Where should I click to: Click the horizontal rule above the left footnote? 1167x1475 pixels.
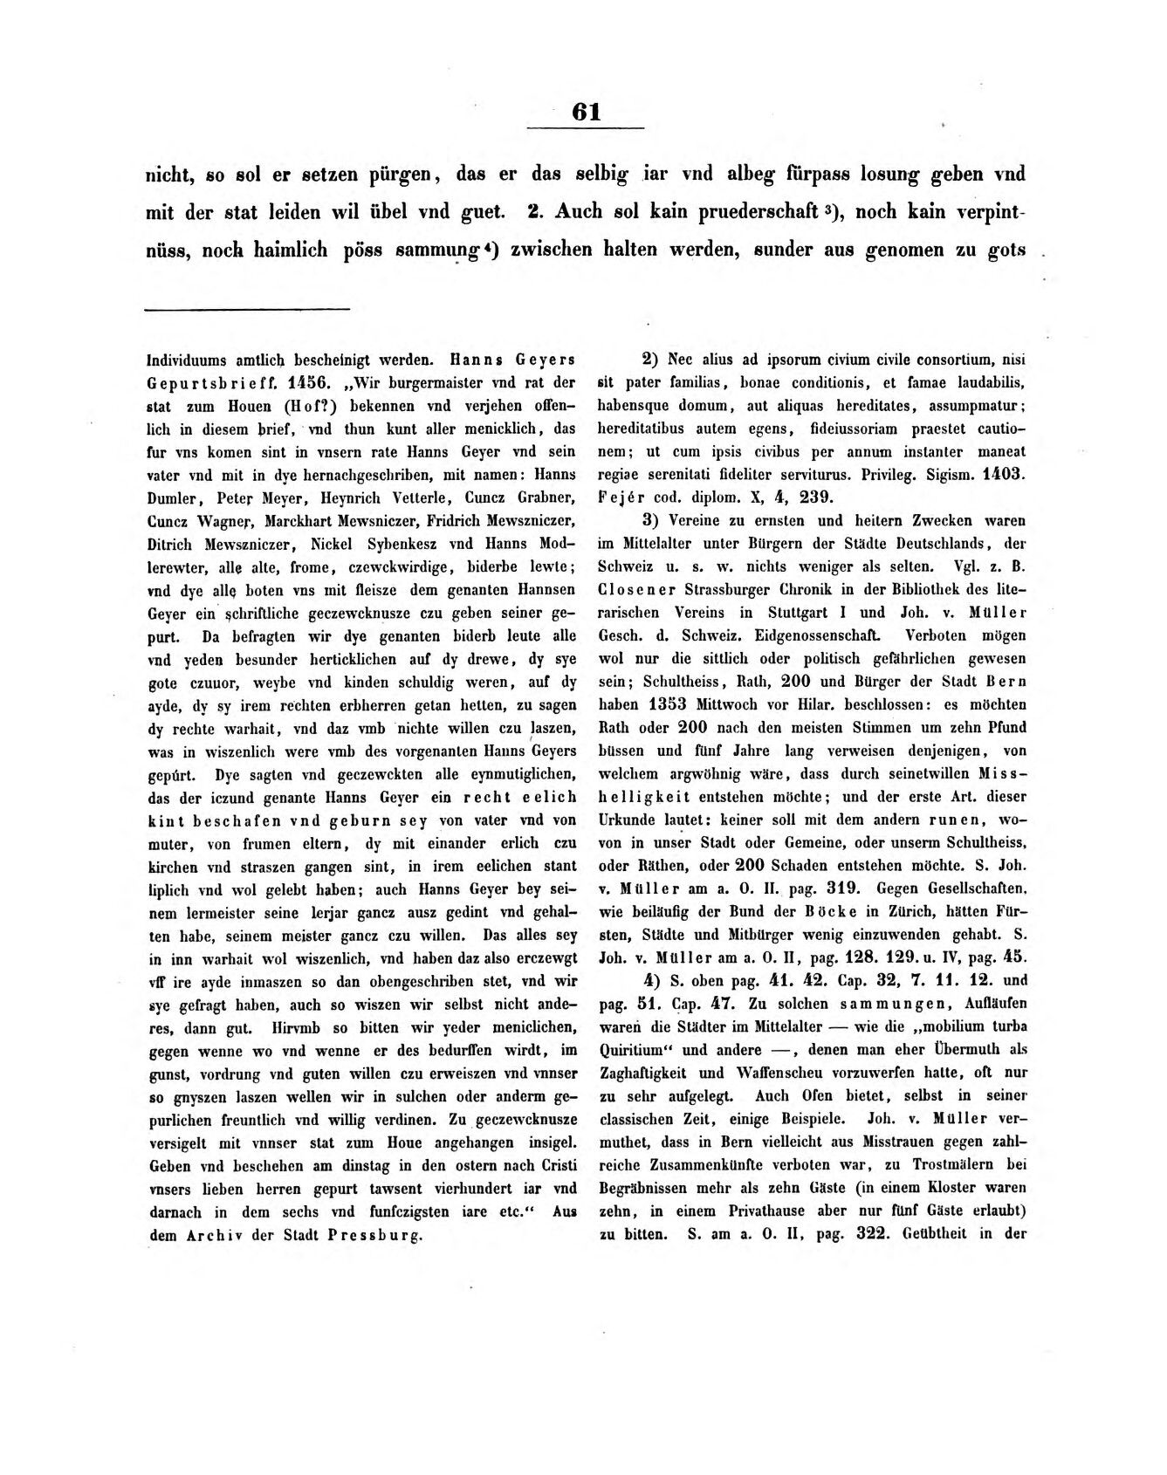pyautogui.click(x=247, y=308)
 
